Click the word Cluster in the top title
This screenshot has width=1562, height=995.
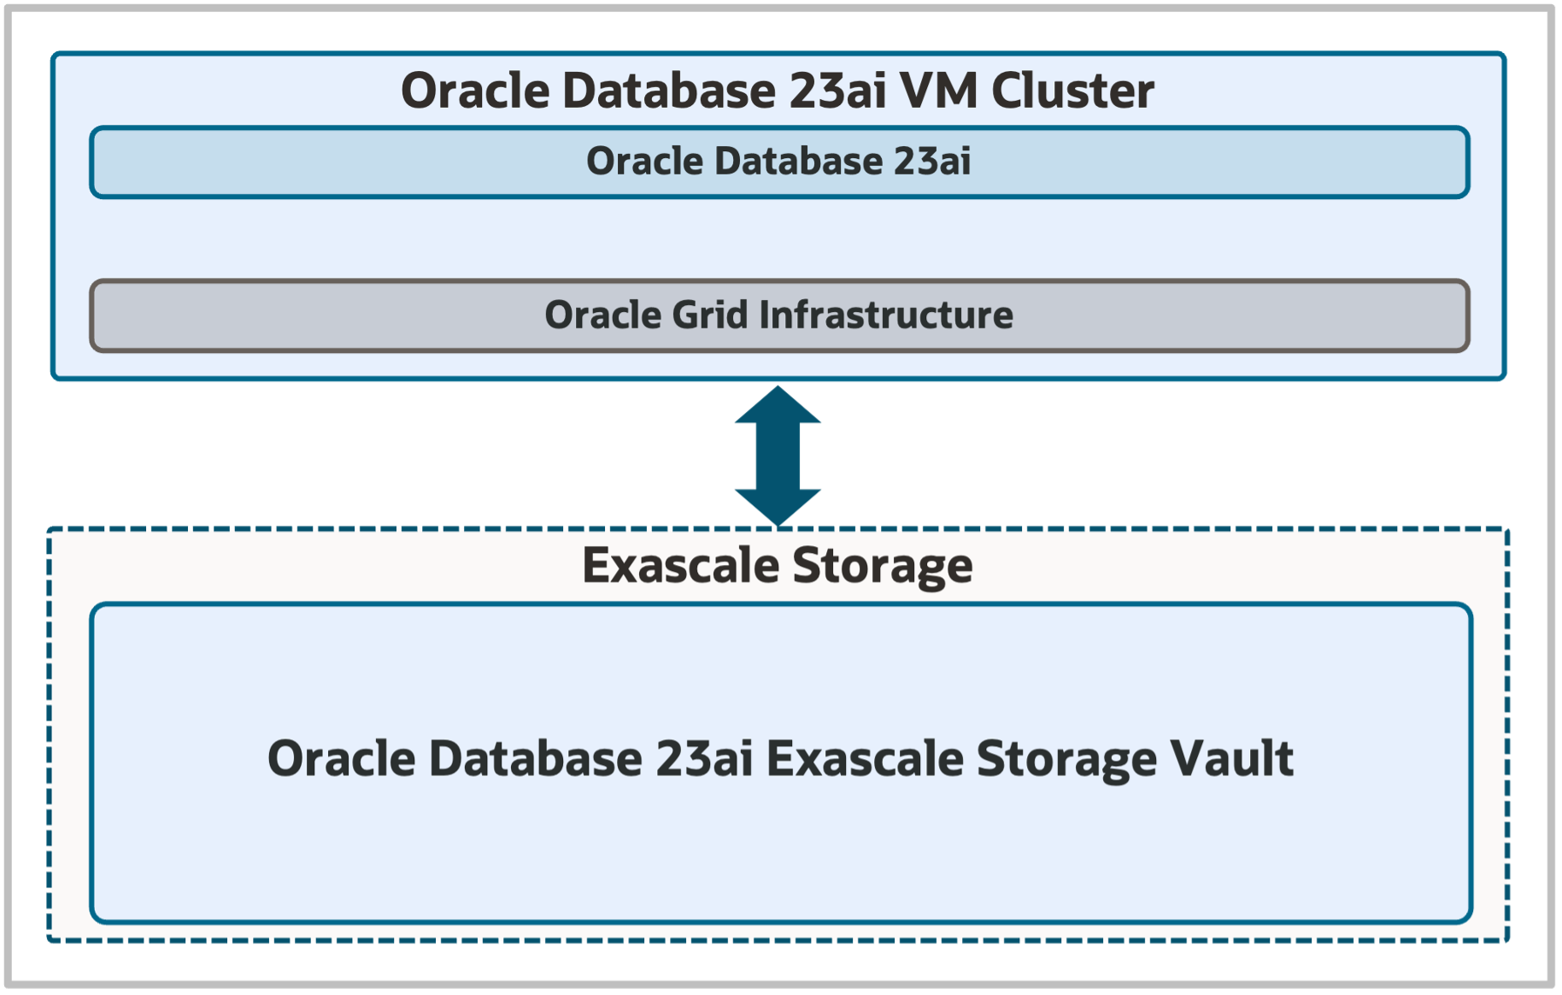click(x=1072, y=91)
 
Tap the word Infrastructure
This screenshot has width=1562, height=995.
click(x=886, y=315)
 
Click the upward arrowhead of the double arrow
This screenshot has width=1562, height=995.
click(x=778, y=406)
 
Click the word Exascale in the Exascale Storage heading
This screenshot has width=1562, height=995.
click(x=681, y=566)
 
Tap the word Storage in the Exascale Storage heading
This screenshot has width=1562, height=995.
click(x=883, y=566)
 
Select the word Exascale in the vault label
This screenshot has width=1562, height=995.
click(x=865, y=758)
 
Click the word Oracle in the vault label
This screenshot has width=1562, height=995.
click(x=341, y=758)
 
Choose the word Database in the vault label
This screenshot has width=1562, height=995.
click(x=535, y=758)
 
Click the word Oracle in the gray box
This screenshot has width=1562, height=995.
click(x=602, y=315)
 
